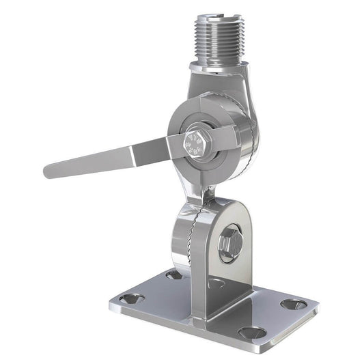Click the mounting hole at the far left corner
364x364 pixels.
pyautogui.click(x=131, y=298)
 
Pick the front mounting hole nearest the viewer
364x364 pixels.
pyautogui.click(x=251, y=333)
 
